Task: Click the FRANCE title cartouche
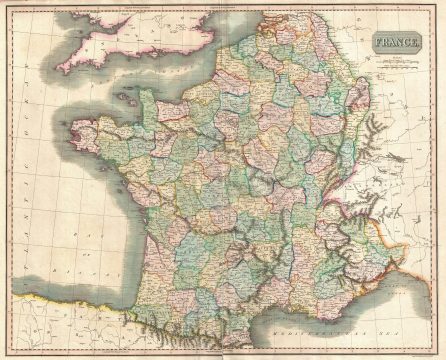pos(396,44)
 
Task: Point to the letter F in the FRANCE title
pos(379,44)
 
